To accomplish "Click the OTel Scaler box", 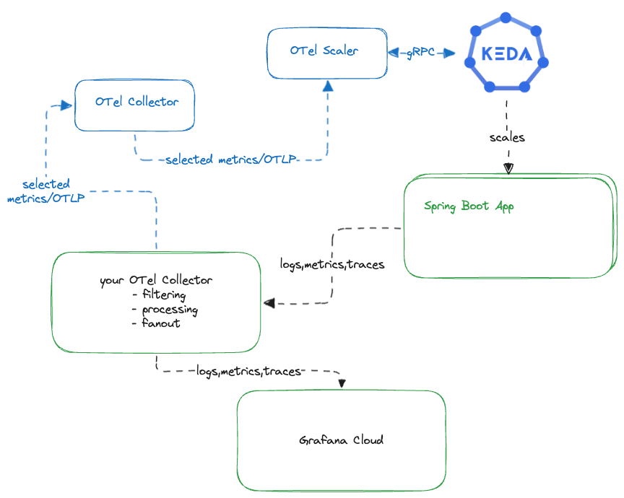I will (x=326, y=52).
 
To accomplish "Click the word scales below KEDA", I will (x=507, y=137).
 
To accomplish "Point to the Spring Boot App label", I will (x=469, y=206).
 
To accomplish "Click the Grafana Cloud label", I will (x=341, y=440).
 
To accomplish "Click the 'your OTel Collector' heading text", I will (x=156, y=280).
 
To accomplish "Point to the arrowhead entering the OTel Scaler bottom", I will (x=327, y=86).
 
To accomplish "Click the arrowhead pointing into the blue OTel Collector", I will (x=66, y=105).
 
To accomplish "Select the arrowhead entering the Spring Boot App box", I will (x=508, y=169).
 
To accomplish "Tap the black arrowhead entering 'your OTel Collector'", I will (x=269, y=303).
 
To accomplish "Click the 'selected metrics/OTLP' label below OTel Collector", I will (x=230, y=160).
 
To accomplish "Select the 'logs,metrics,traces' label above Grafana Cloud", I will (x=248, y=371).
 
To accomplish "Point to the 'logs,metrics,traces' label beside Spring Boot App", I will (x=332, y=265).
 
